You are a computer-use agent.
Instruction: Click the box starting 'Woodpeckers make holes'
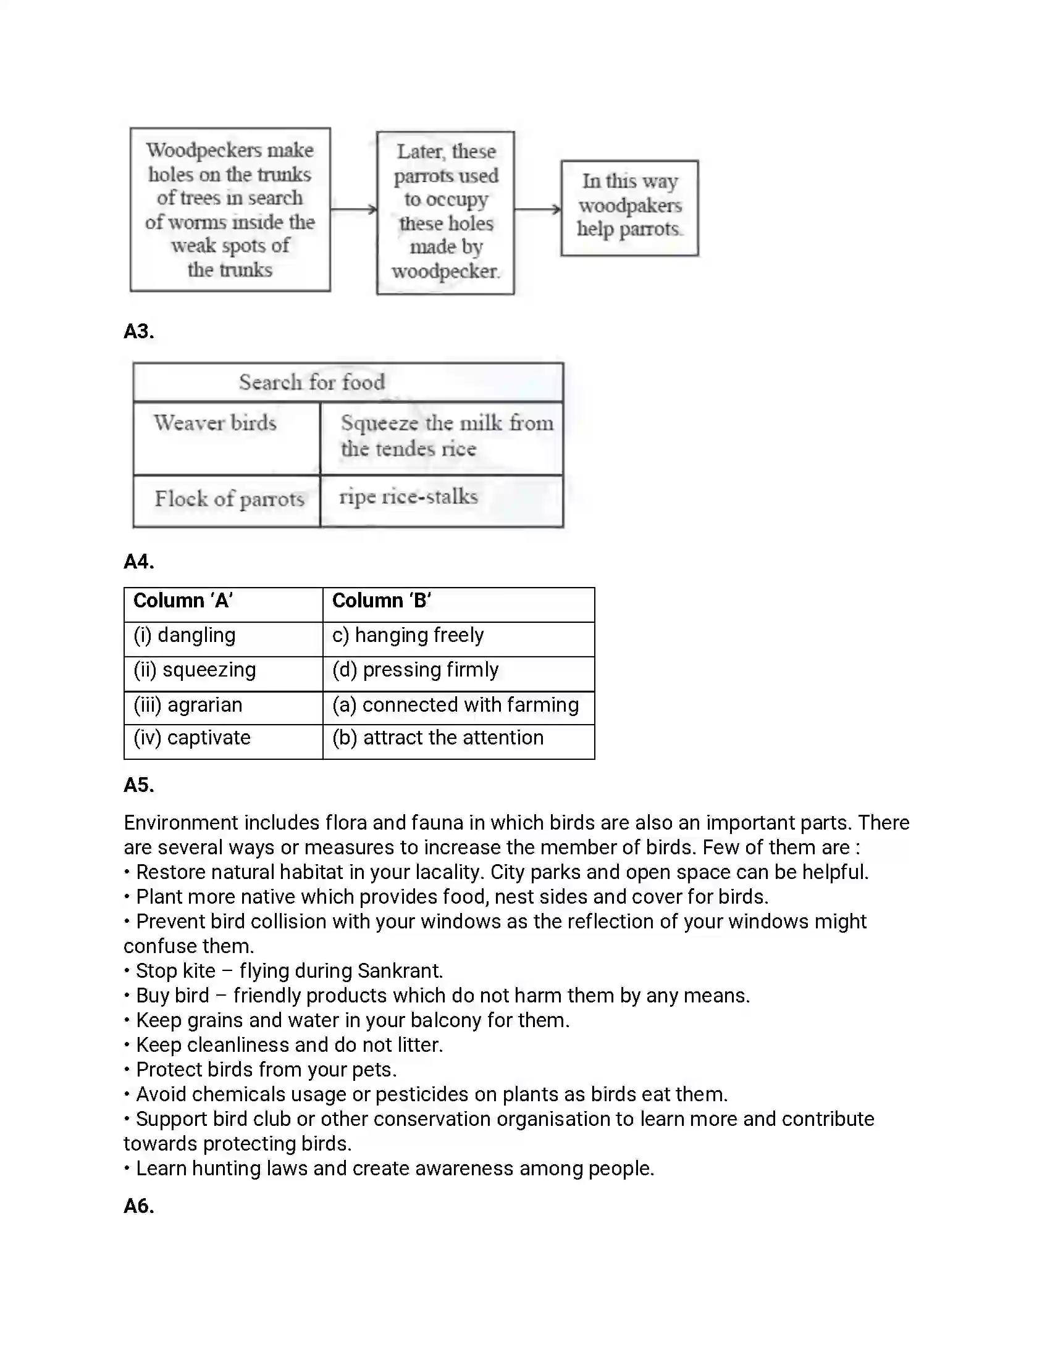pos(230,209)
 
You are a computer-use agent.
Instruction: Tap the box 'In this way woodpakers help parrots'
pos(629,207)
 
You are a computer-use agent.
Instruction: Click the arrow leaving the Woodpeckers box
pos(353,209)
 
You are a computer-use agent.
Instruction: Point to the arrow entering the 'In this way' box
pos(537,209)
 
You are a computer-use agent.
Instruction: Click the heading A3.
pos(139,331)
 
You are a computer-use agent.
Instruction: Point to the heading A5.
pos(139,785)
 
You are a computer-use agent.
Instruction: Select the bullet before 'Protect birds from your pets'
pos(127,1070)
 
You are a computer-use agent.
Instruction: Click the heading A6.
pos(139,1206)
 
